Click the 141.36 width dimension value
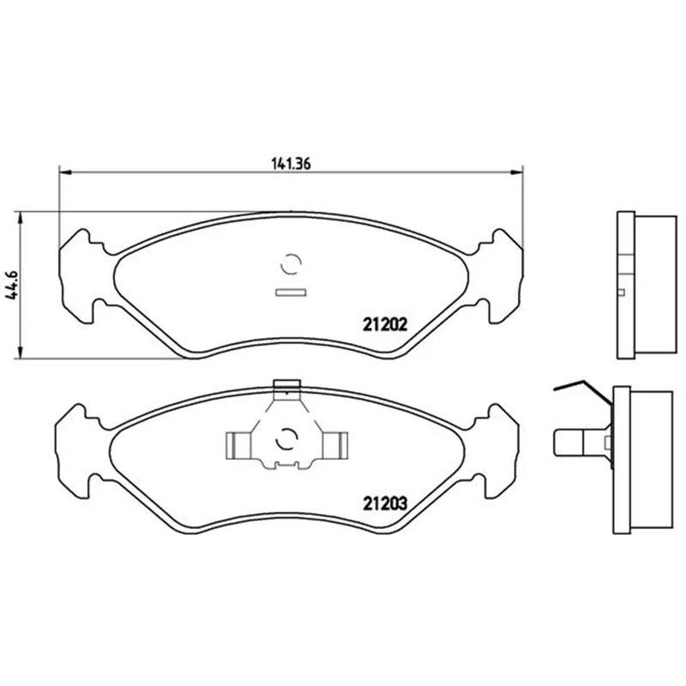[291, 164]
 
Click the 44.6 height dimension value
[12, 285]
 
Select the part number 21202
[385, 324]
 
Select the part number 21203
[385, 503]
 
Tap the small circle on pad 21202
[291, 264]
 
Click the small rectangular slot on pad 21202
[291, 292]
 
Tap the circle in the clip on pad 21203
[286, 439]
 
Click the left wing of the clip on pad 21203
[239, 446]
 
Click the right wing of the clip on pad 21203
[335, 446]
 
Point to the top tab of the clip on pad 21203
[286, 384]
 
